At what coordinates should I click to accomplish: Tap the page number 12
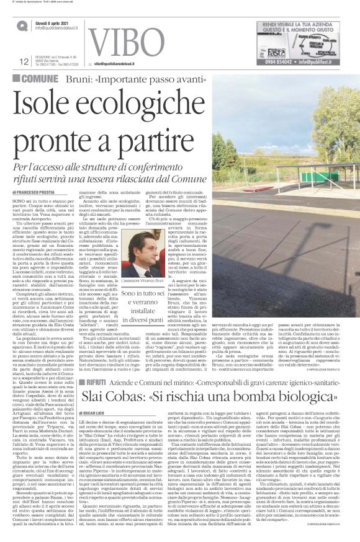(24, 61)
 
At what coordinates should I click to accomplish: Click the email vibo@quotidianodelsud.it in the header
(123, 63)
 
